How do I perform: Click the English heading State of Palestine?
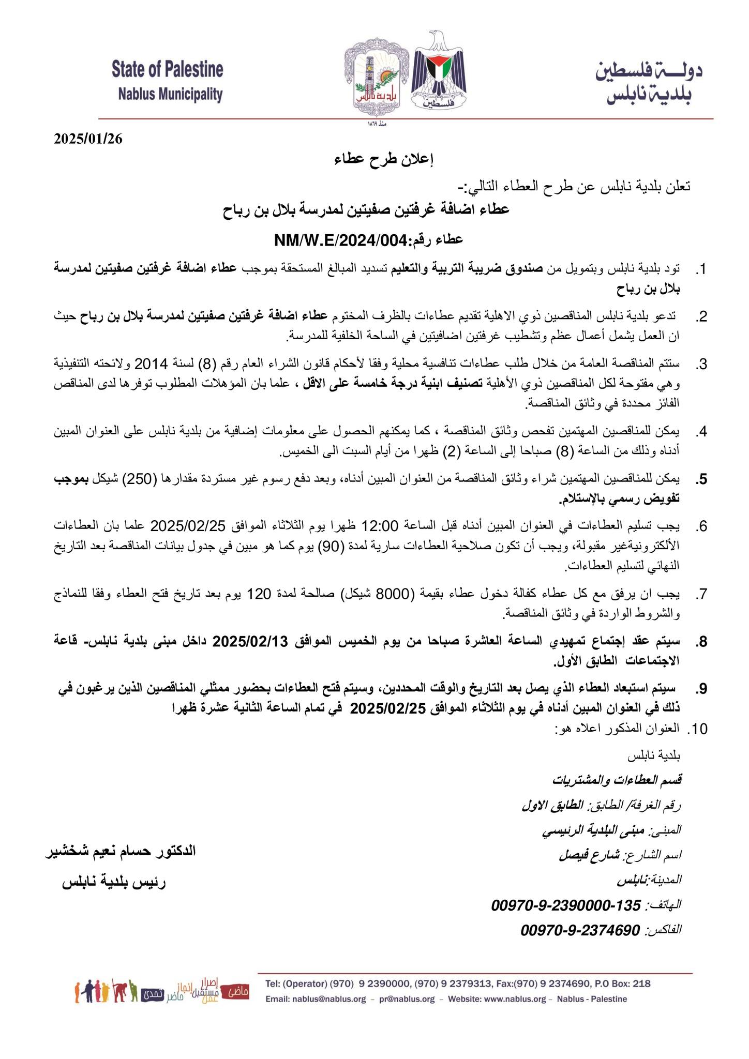[x=167, y=69]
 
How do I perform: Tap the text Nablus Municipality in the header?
[x=170, y=94]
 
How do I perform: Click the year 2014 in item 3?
[x=151, y=364]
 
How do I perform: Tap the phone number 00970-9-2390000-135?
[x=566, y=905]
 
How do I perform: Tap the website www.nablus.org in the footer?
[x=513, y=999]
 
